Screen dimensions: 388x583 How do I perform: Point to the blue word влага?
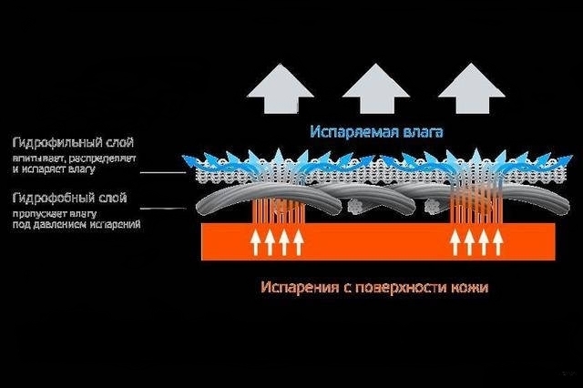click(422, 133)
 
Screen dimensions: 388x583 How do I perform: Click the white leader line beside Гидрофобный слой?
click(164, 208)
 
